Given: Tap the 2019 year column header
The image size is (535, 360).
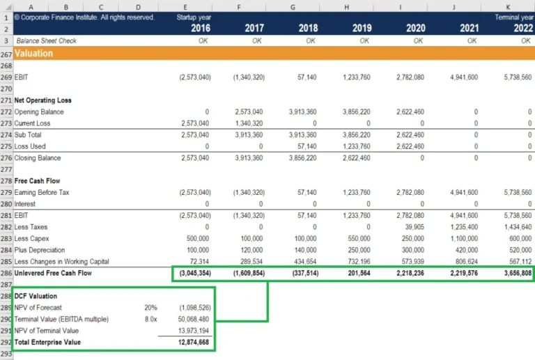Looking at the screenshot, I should [361, 29].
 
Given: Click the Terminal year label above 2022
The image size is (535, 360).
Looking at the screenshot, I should [513, 17].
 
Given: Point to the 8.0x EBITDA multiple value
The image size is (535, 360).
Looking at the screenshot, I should [150, 319].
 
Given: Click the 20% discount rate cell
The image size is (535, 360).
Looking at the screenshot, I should [150, 308].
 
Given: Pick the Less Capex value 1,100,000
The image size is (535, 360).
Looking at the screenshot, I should [460, 239].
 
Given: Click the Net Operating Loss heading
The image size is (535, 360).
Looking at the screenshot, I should [43, 100].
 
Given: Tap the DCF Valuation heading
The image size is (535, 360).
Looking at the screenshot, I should [36, 297].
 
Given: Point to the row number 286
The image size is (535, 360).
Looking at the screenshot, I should [6, 274].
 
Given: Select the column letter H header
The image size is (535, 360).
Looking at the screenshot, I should [347, 6].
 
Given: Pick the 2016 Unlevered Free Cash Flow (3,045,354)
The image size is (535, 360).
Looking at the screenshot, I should [193, 274].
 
